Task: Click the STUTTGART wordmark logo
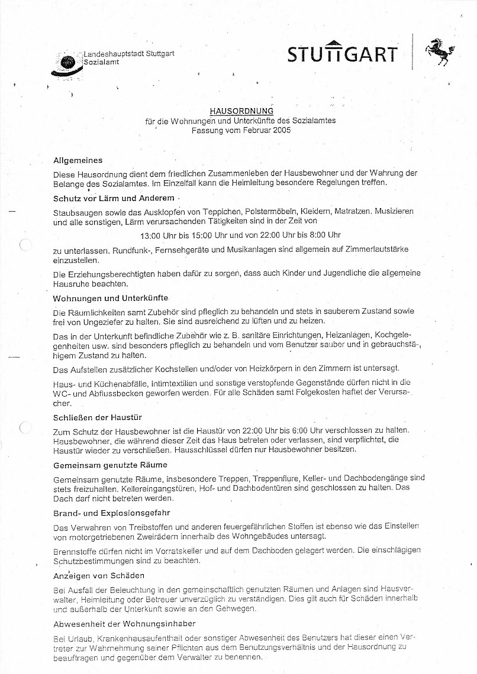tap(342, 53)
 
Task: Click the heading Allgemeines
tap(78, 160)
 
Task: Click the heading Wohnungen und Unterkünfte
tap(110, 299)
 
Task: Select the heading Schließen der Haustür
tap(97, 417)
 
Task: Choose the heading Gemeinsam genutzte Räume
tap(110, 465)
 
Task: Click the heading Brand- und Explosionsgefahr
tap(111, 513)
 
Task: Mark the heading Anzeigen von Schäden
tap(99, 575)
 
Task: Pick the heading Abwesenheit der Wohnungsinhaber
tap(124, 623)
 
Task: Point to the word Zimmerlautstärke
tap(375, 249)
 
